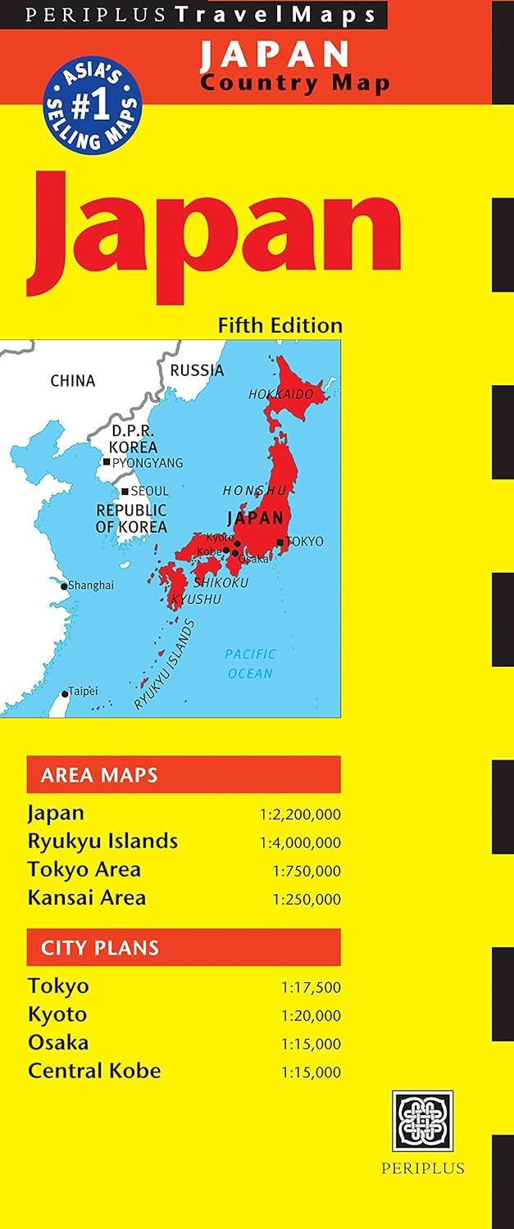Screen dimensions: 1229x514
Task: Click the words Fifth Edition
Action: pos(280,324)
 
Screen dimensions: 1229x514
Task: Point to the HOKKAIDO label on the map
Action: pos(281,394)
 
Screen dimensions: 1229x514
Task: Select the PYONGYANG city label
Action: pos(148,463)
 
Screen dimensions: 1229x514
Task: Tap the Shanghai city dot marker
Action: pos(64,586)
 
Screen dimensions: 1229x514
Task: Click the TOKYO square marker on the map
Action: pos(280,542)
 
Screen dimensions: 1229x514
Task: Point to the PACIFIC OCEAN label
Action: pos(250,664)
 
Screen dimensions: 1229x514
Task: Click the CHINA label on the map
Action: pos(73,380)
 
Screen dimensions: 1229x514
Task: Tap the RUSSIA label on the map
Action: pos(197,370)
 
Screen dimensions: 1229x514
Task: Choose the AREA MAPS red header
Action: pos(183,774)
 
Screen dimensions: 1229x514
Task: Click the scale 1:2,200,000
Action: pos(300,814)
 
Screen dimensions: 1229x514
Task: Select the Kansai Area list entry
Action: pos(87,897)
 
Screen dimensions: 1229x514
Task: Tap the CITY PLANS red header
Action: pos(183,947)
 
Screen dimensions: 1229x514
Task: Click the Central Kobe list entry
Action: pos(94,1070)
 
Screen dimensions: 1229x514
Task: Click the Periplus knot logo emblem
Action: pos(422,1120)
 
